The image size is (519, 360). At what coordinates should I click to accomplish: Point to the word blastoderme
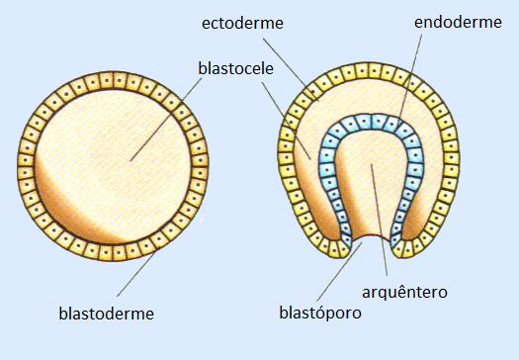107,315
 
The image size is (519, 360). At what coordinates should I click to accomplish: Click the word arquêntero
406,293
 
